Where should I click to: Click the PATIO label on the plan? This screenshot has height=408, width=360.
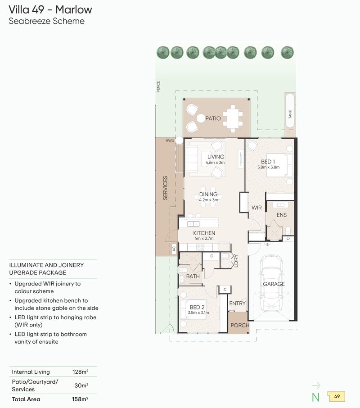(x=213, y=118)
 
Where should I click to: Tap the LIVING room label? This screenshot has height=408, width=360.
(x=216, y=157)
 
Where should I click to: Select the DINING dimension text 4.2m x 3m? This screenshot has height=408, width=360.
(x=209, y=200)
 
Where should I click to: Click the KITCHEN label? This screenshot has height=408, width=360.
(x=204, y=233)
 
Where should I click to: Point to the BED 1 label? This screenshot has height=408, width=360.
(x=268, y=161)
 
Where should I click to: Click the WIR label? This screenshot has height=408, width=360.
(x=256, y=208)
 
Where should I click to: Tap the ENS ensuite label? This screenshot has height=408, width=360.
(x=282, y=215)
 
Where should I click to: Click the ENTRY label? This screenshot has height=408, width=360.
(x=238, y=304)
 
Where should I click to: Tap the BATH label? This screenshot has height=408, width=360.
(x=193, y=276)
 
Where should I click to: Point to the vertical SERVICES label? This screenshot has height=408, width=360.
(x=165, y=188)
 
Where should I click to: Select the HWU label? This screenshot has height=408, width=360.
(x=170, y=141)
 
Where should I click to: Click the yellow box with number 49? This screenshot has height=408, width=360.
(x=337, y=397)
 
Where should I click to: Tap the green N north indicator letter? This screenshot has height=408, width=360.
(x=316, y=397)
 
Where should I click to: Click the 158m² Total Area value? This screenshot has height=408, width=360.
(x=80, y=399)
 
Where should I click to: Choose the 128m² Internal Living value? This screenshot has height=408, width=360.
(x=80, y=372)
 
